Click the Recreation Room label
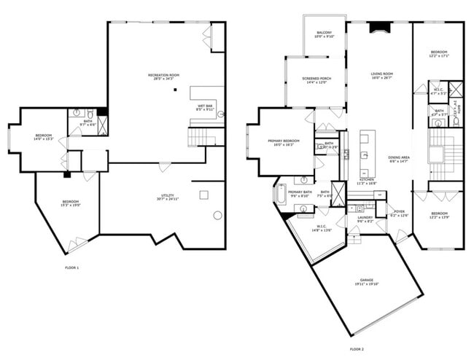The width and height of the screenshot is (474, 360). [x=163, y=77]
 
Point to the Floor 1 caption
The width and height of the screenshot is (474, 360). [x=71, y=268]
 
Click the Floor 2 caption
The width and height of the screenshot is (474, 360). [x=355, y=349]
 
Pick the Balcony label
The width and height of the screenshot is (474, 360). [x=325, y=34]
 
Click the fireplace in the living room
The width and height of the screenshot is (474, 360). [x=378, y=28]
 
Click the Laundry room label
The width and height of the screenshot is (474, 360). [x=365, y=219]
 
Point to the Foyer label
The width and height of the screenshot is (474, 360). [x=400, y=214]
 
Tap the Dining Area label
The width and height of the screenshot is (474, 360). [x=398, y=160]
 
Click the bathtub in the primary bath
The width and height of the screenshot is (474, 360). [x=281, y=195]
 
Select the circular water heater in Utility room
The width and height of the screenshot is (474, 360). [x=217, y=215]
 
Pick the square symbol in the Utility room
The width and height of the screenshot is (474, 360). [x=204, y=195]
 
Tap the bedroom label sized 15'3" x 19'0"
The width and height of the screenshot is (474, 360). [x=70, y=203]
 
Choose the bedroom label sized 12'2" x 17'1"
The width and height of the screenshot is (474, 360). [x=438, y=54]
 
